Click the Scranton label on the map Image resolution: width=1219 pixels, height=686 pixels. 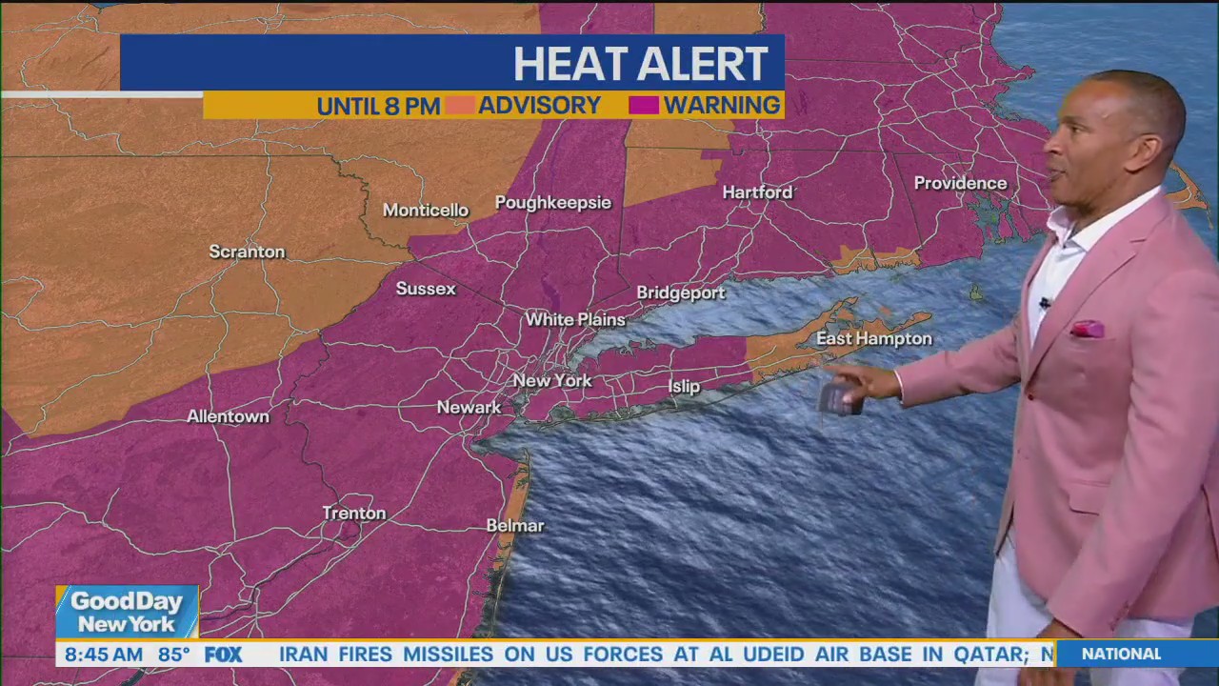tap(247, 252)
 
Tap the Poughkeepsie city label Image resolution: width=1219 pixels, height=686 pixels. tap(552, 202)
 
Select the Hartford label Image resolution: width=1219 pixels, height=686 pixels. tap(757, 192)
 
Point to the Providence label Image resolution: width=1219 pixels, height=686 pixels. tap(960, 183)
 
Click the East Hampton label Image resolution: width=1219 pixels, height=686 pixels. tap(873, 338)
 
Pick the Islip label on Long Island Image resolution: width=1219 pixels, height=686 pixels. tap(684, 386)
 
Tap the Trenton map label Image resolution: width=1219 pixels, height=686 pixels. tap(354, 513)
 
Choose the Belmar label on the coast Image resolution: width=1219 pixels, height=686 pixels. tap(514, 525)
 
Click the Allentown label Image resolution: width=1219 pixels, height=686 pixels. tap(228, 416)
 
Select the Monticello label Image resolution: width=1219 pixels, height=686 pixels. tap(426, 210)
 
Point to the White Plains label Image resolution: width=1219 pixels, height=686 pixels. tap(575, 319)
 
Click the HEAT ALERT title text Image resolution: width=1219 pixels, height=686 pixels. tap(640, 64)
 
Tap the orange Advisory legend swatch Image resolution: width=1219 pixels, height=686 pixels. tap(460, 105)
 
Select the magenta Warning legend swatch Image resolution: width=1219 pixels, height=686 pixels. tap(644, 105)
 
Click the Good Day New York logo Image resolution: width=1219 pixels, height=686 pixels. tap(127, 612)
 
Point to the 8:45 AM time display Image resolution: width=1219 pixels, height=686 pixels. tap(104, 655)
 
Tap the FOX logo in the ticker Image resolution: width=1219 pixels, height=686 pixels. tap(223, 655)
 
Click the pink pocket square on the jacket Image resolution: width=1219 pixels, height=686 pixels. tap(1088, 329)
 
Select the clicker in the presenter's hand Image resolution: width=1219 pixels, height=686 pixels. tap(838, 399)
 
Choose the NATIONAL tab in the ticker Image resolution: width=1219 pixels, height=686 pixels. tap(1121, 654)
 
